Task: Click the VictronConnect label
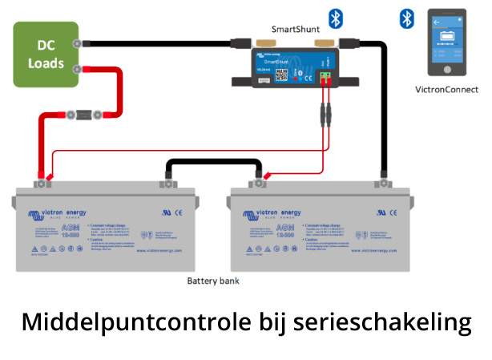(x=446, y=89)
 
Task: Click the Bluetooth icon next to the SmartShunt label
(x=336, y=18)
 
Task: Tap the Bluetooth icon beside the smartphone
(x=408, y=18)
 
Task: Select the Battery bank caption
(x=213, y=281)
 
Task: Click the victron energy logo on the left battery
(x=62, y=215)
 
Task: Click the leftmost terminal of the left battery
(x=38, y=182)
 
